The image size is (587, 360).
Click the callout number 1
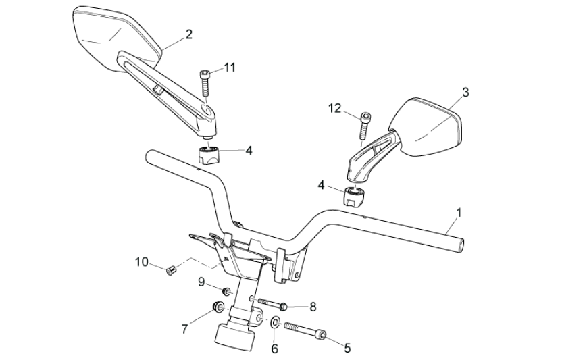459,213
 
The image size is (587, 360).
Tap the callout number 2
188,34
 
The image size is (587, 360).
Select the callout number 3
465,92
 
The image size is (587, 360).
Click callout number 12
336,107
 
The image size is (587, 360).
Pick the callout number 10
141,261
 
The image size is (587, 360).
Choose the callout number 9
201,282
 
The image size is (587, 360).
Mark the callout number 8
313,307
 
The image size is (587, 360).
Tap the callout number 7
185,328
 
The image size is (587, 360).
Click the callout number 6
274,349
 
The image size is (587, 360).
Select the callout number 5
347,349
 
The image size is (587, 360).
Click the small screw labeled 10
171,271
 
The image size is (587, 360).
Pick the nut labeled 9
228,292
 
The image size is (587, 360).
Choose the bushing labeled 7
218,309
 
